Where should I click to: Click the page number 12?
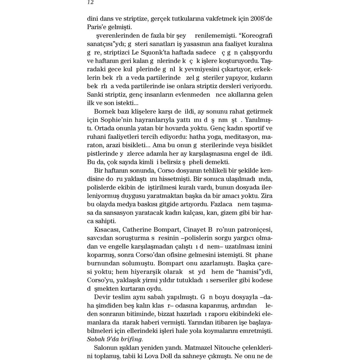point(90,2)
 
